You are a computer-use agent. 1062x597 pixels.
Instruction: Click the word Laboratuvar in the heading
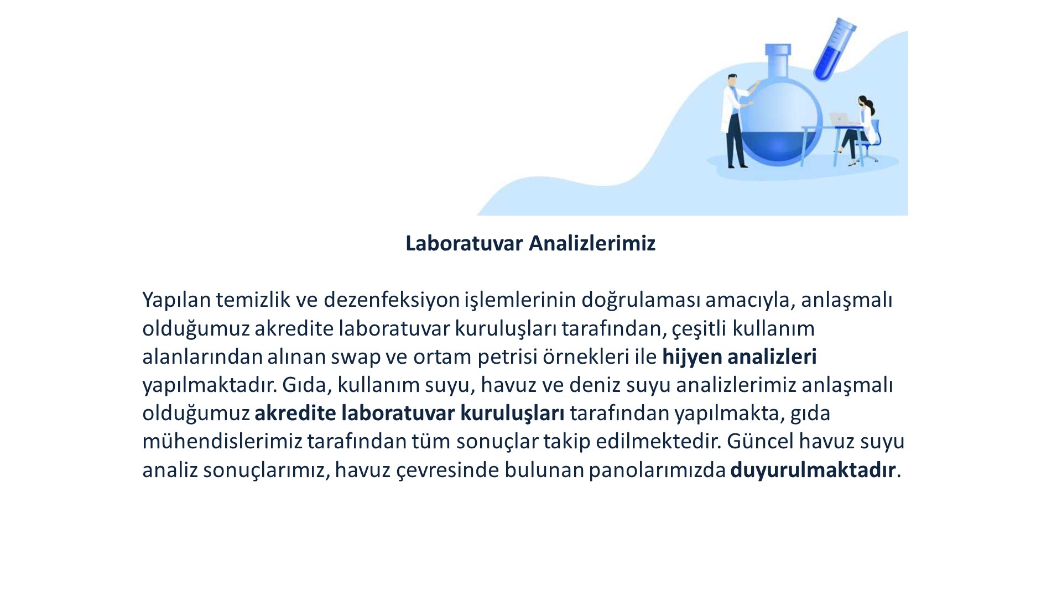coord(465,243)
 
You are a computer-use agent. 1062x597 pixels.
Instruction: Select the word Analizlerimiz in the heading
coord(592,243)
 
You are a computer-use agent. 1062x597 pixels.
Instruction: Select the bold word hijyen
coord(692,357)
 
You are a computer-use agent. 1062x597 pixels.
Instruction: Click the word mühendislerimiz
coord(222,441)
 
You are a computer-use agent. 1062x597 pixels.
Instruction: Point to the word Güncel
coord(760,441)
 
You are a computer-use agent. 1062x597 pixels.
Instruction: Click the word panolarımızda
coord(657,470)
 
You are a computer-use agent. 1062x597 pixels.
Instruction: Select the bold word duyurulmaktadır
coord(813,470)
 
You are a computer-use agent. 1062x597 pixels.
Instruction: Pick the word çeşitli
coord(699,329)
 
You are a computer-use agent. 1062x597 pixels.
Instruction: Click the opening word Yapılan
coord(176,300)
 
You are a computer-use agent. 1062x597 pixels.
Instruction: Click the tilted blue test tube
coord(834,49)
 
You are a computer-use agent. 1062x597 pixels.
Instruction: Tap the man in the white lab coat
coord(737,121)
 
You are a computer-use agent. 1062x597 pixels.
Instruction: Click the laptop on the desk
coord(839,119)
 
